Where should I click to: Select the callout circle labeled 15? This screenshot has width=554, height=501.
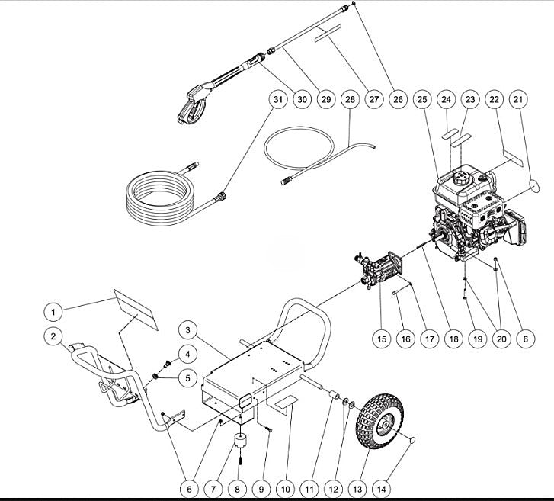point(381,337)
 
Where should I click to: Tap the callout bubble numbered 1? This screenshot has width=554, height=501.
point(53,311)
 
